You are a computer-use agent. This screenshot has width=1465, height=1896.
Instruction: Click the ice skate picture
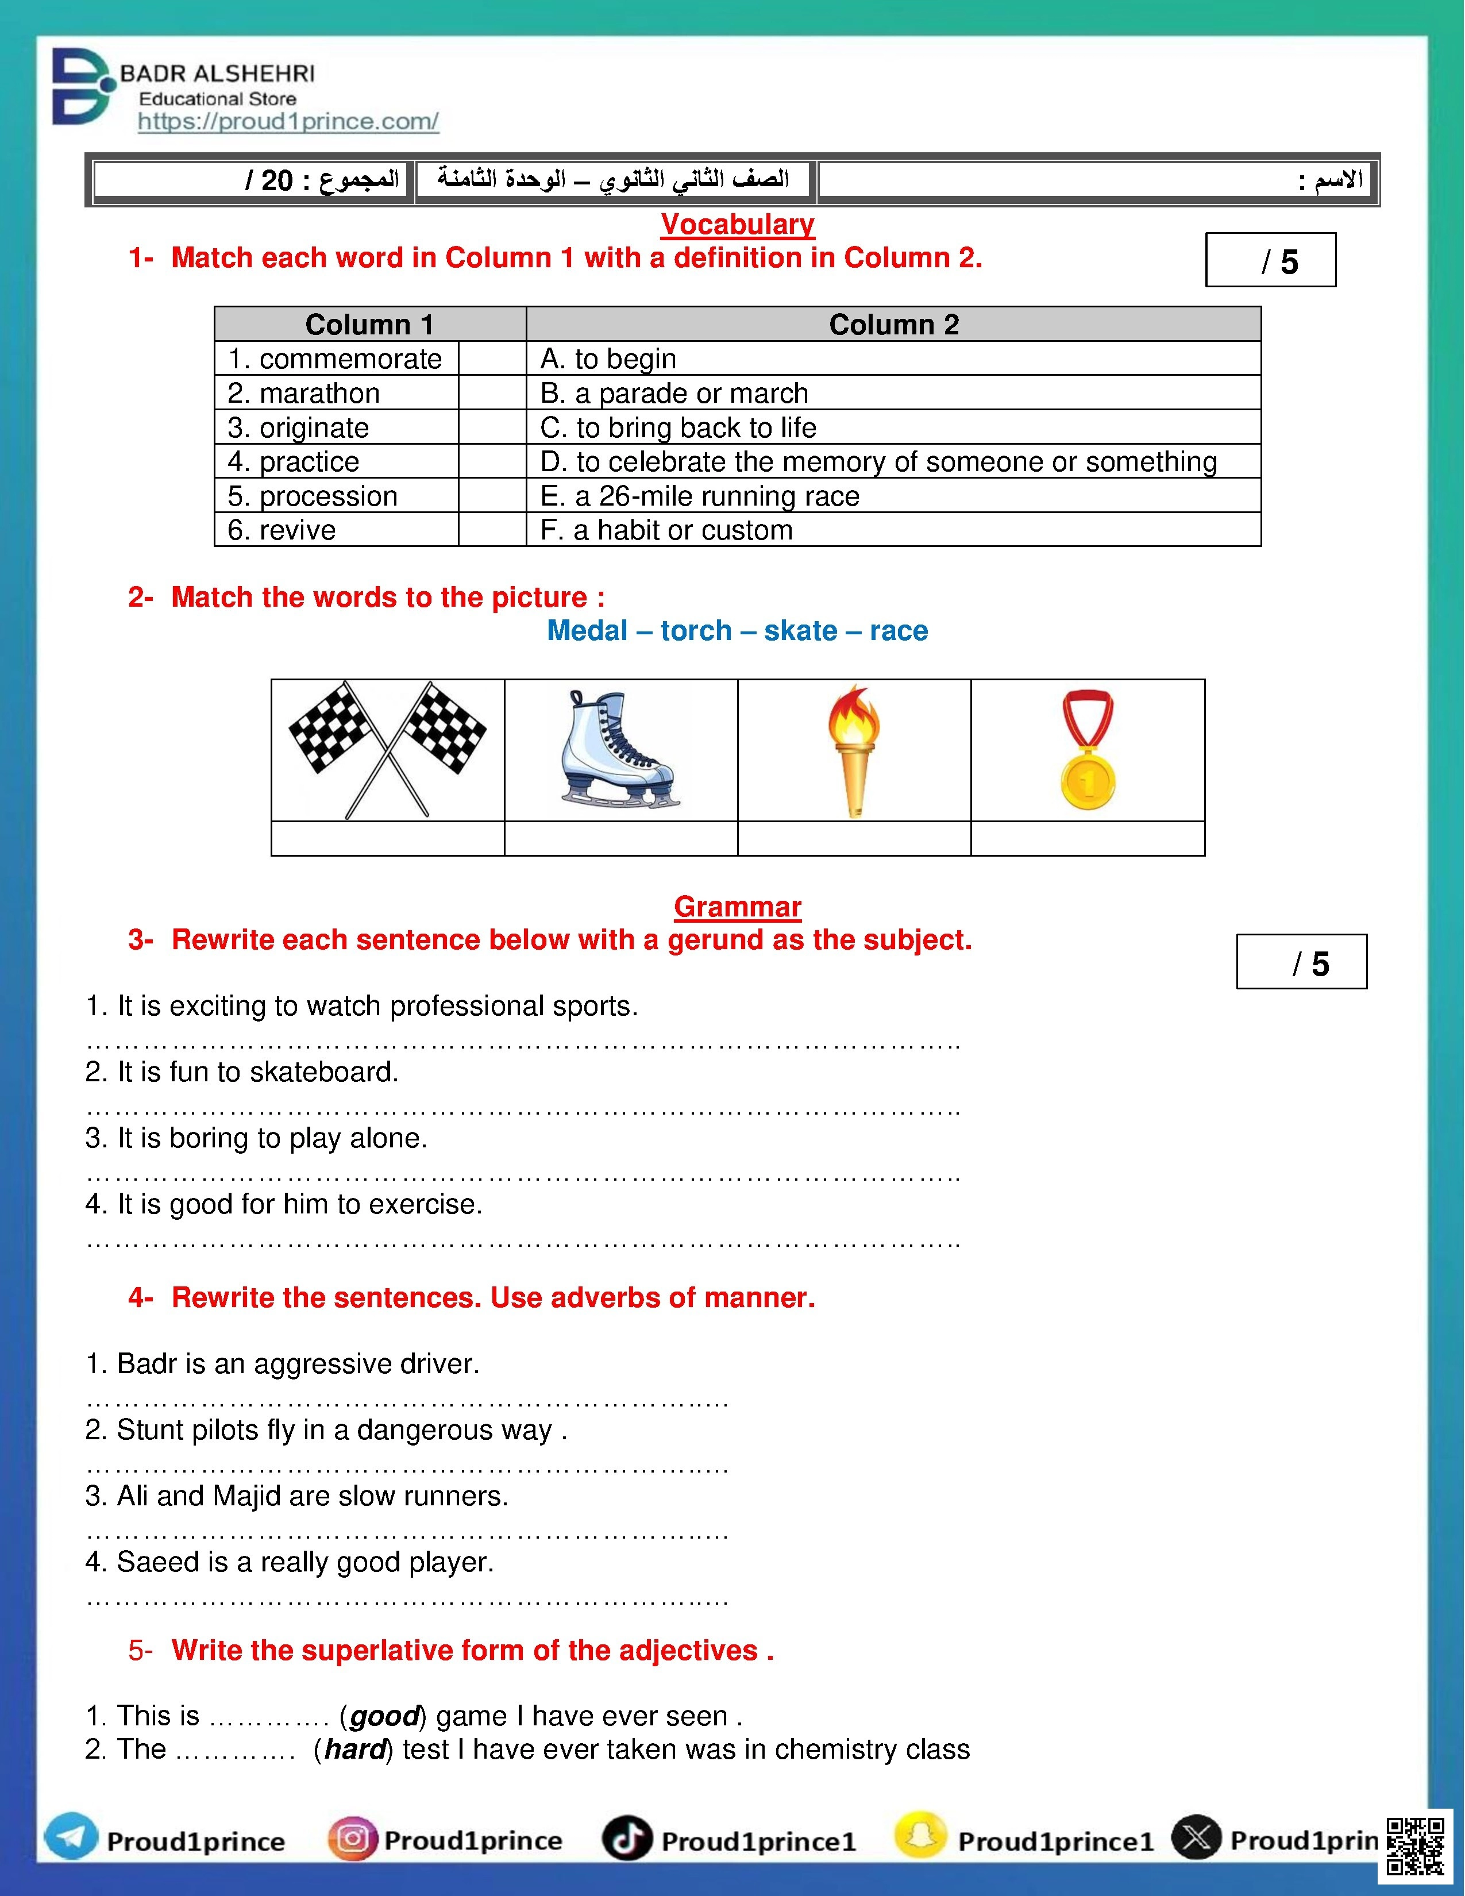pos(618,750)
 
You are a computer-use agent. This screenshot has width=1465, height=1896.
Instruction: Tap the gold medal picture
pos(1088,750)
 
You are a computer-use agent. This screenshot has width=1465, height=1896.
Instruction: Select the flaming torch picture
pos(854,750)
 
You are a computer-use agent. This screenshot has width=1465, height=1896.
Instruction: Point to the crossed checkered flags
pos(387,750)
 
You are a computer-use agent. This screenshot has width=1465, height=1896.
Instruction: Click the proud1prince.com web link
pos(288,122)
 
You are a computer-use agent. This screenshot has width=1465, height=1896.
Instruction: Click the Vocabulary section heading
pos(737,224)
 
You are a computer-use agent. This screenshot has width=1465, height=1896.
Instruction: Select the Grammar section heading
pos(737,906)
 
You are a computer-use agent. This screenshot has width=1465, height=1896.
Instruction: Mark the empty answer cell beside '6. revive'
pos(492,530)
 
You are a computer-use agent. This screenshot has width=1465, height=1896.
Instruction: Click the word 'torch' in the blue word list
pos(696,630)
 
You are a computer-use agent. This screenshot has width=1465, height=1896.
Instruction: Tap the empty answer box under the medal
pos(1088,839)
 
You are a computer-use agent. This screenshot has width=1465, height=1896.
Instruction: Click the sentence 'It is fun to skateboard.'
pos(242,1072)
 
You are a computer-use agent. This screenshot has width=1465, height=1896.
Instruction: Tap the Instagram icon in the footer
pos(352,1838)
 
